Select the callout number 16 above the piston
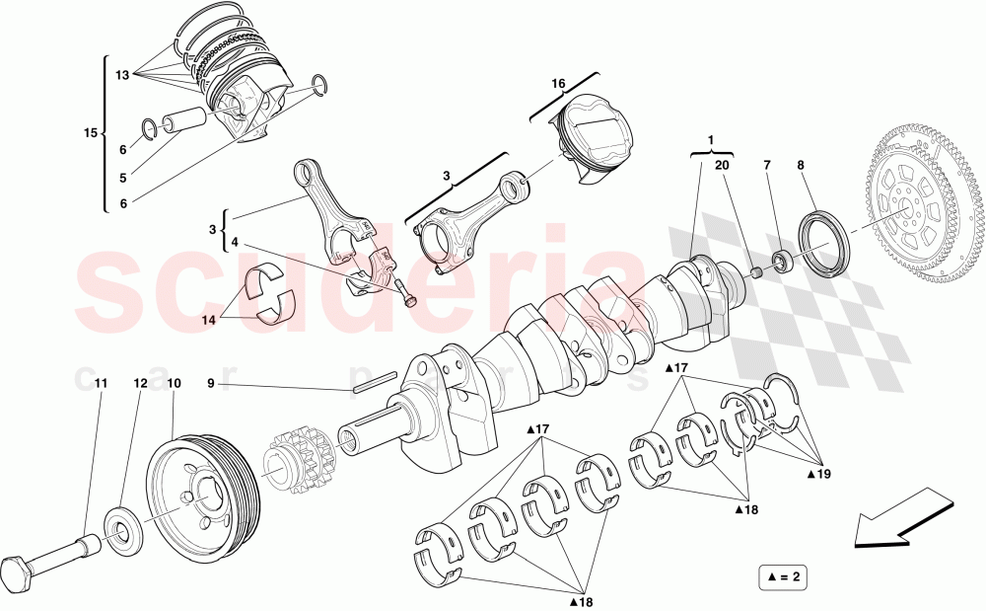click(x=558, y=85)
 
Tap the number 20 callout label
click(x=722, y=166)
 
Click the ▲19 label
click(x=818, y=474)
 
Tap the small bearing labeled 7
click(x=784, y=262)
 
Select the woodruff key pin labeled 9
click(x=374, y=381)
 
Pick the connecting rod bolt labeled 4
click(x=404, y=293)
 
